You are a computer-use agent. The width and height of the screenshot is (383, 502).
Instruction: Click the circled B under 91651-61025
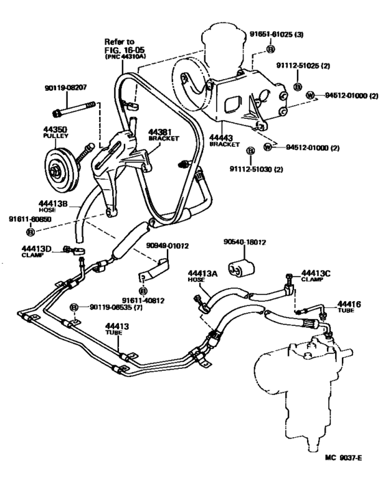point(270,49)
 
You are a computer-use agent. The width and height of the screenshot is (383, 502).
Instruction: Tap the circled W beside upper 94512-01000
point(311,97)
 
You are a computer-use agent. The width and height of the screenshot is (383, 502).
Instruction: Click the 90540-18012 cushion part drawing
point(241,267)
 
